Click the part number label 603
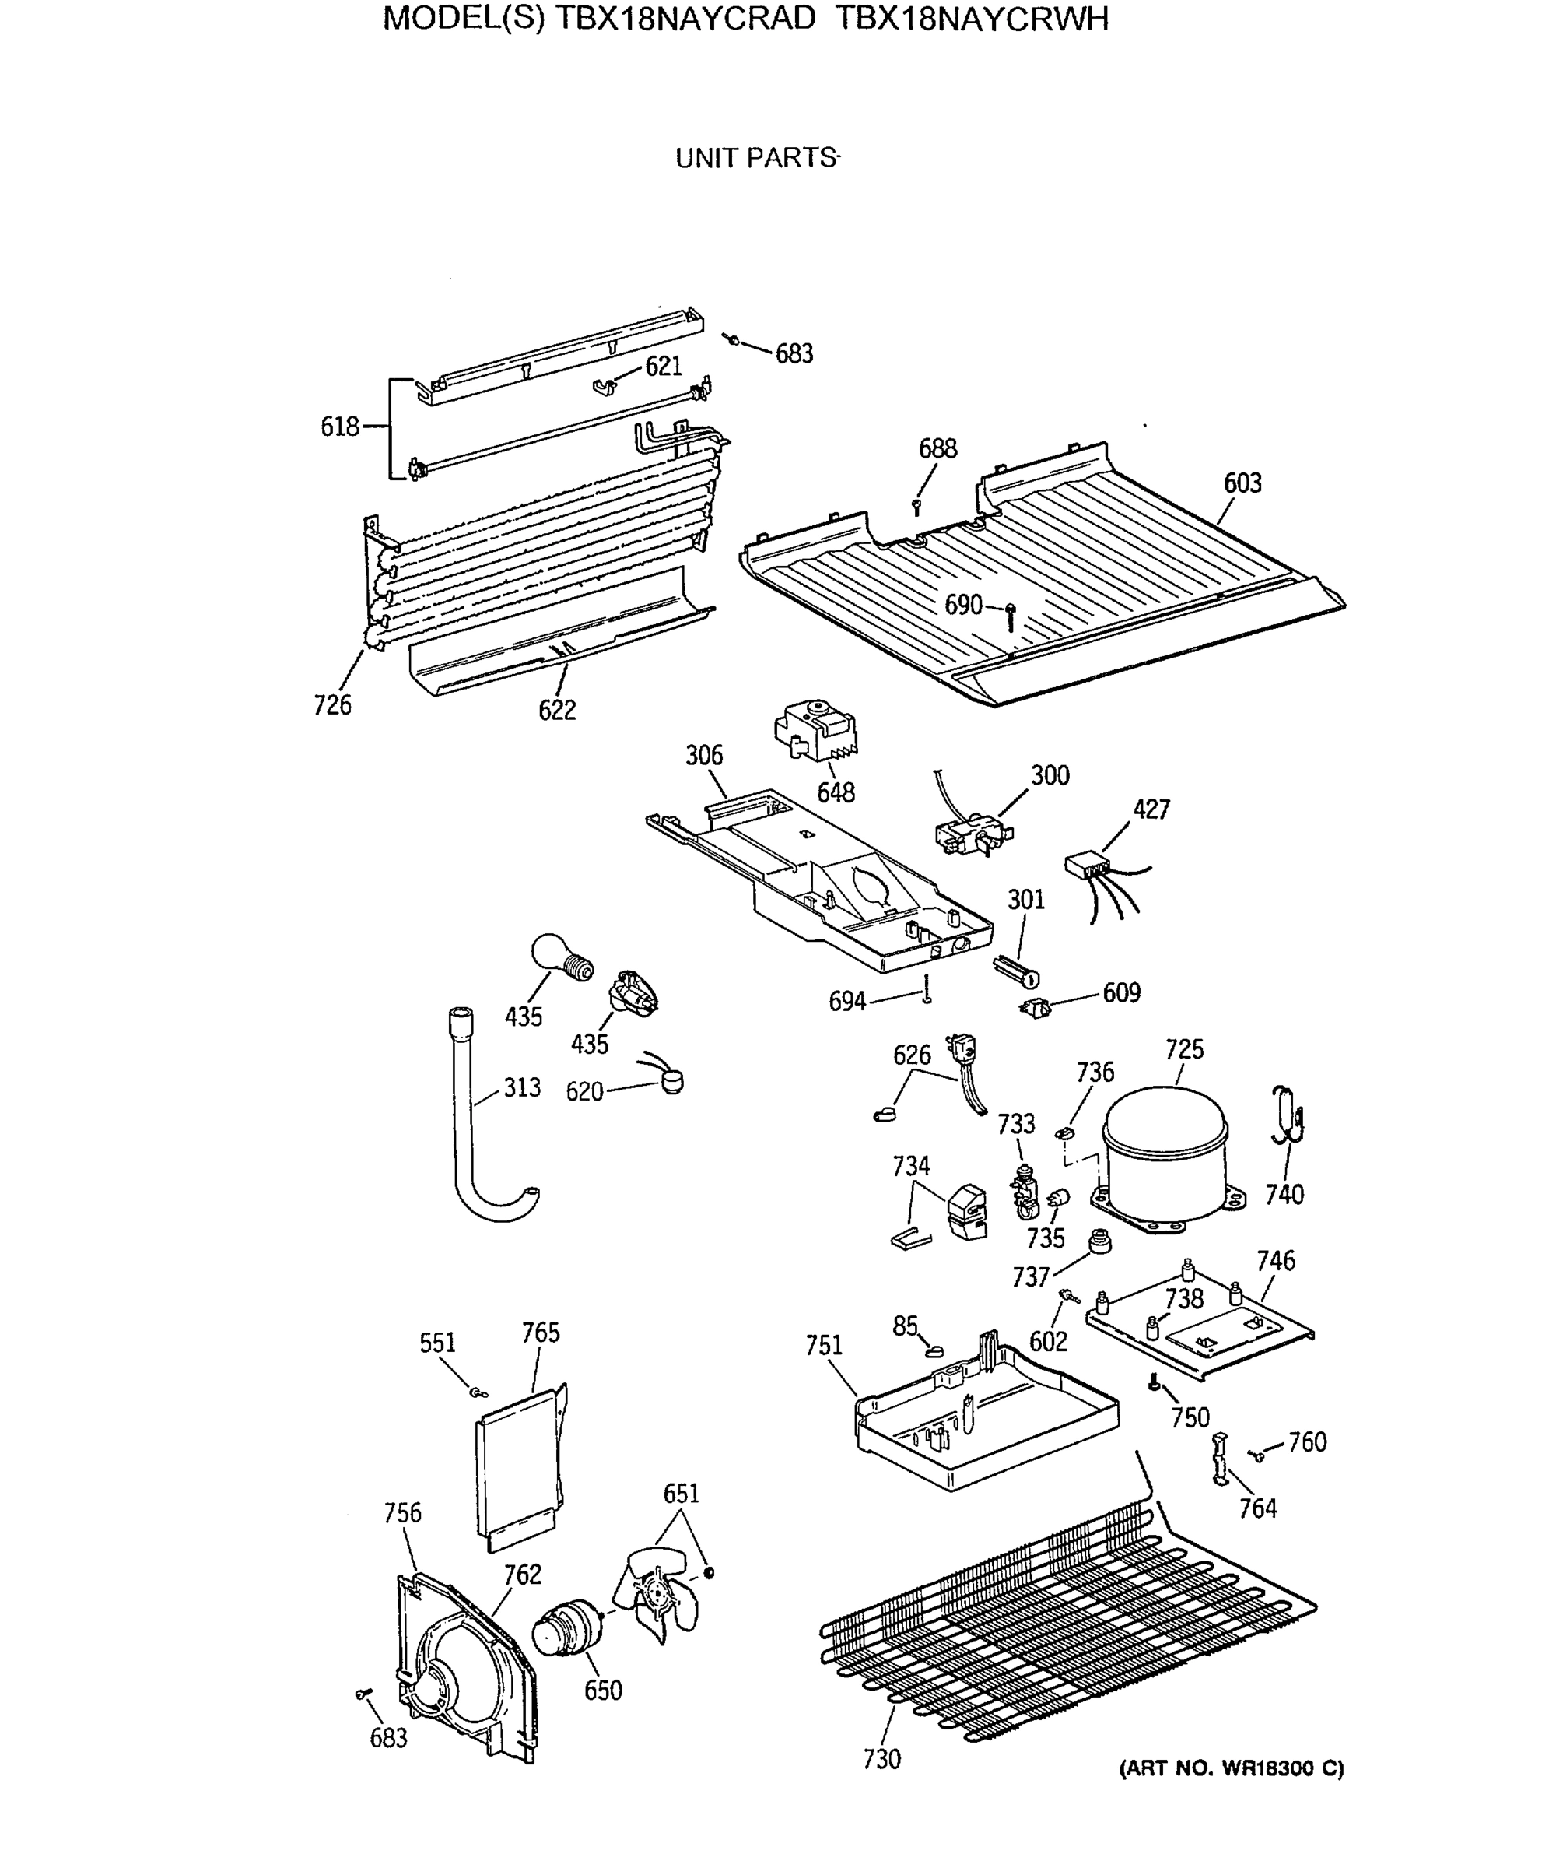(1242, 483)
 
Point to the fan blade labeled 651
(659, 1601)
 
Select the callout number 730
(881, 1758)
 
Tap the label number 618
(340, 427)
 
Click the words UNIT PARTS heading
(757, 158)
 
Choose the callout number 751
(823, 1346)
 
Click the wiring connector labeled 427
(1088, 866)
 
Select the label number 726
(331, 704)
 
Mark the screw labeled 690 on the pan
(1010, 615)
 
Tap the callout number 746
(1275, 1260)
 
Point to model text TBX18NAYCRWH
(972, 19)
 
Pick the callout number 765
(541, 1333)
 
